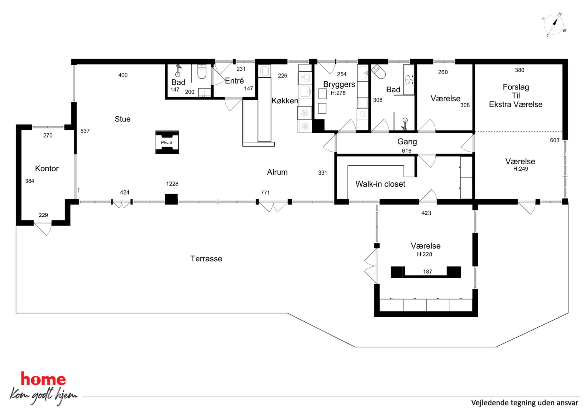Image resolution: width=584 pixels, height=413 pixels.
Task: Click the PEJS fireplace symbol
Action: coord(167,142)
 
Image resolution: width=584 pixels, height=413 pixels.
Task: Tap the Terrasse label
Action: coord(206,259)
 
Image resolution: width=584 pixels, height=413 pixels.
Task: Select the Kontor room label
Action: coord(47,168)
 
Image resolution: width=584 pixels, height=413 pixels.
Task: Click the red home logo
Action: coord(43,379)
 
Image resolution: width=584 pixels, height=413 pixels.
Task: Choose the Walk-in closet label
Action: coord(380,184)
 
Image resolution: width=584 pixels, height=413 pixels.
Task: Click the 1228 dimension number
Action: coord(172,184)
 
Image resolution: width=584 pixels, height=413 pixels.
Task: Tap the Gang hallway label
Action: coord(407,142)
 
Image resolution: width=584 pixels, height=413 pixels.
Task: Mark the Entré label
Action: coord(234,81)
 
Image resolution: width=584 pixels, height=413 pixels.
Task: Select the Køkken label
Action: coord(285,101)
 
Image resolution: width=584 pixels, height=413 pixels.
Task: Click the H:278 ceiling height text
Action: coord(338,93)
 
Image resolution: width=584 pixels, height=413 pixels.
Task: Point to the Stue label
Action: coord(122,119)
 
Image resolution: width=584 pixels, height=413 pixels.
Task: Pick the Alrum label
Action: coord(277,172)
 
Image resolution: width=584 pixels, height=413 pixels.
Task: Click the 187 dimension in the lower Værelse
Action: coord(427,272)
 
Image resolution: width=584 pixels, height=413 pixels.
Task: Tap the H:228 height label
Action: coord(424,254)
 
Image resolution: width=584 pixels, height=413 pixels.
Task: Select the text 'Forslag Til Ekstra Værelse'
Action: coord(516,96)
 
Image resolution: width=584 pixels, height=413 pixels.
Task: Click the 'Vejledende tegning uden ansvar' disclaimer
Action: coord(525,403)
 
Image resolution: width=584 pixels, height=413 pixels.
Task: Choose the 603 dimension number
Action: coord(555,140)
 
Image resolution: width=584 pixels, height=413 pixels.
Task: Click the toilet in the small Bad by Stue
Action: coord(202,71)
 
